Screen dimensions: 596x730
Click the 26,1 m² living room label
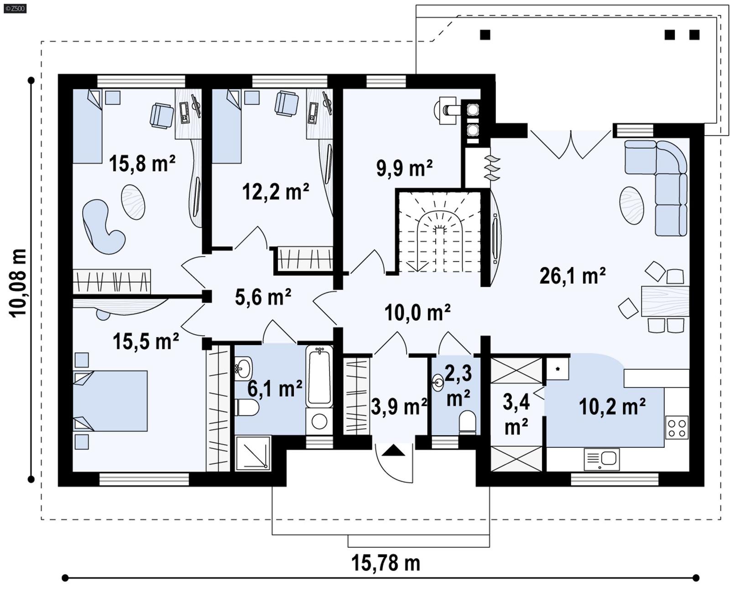pyautogui.click(x=572, y=276)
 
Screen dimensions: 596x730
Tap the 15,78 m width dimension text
pyautogui.click(x=386, y=563)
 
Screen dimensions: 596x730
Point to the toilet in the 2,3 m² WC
pyautogui.click(x=467, y=421)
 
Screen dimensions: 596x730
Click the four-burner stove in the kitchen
pyautogui.click(x=676, y=428)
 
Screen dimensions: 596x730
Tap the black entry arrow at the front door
pyautogui.click(x=393, y=451)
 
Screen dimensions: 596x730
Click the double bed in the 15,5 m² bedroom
pyautogui.click(x=111, y=401)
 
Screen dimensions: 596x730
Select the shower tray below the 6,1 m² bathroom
pyautogui.click(x=253, y=453)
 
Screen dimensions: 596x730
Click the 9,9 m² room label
pyautogui.click(x=404, y=168)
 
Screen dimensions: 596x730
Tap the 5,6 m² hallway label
pyautogui.click(x=263, y=297)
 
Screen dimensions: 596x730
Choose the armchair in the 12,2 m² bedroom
pyautogui.click(x=287, y=104)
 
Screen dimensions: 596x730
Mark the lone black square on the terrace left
pyautogui.click(x=485, y=35)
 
